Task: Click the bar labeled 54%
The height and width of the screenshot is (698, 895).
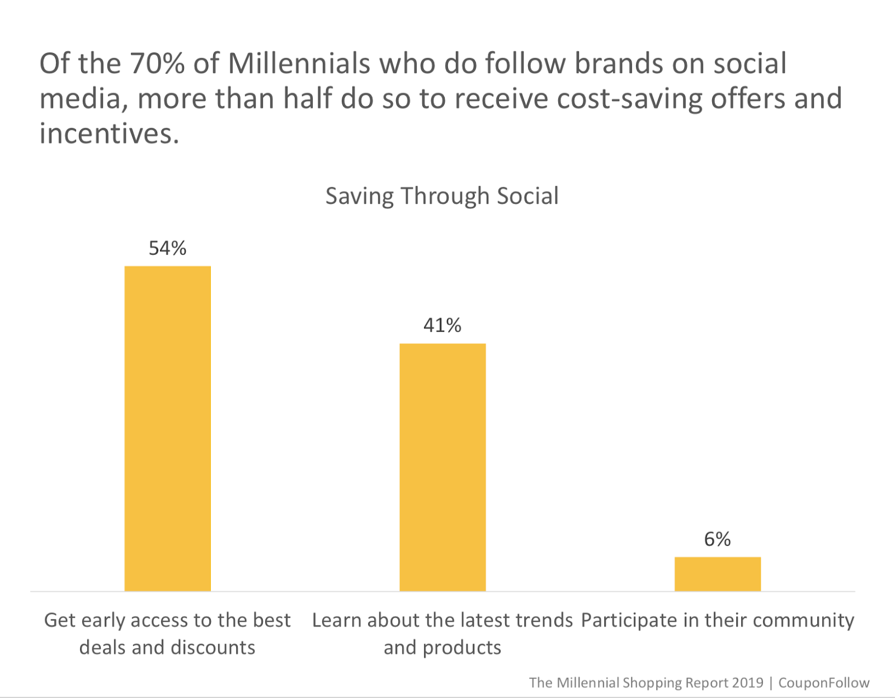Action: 167,428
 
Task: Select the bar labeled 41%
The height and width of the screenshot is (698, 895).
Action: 442,467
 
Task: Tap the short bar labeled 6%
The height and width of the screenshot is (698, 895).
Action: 717,574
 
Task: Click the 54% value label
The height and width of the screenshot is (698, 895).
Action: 167,248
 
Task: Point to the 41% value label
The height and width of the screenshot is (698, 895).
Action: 442,325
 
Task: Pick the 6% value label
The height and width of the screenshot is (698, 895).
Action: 717,539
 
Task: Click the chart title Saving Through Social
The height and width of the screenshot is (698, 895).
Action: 442,196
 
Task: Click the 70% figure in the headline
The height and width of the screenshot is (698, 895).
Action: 158,63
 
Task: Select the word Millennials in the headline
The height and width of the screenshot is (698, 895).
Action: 299,63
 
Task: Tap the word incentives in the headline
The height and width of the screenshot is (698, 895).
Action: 109,134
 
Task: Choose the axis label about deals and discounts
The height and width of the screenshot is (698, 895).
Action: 167,634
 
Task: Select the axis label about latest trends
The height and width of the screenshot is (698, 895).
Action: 442,634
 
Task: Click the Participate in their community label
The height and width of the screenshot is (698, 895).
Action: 717,620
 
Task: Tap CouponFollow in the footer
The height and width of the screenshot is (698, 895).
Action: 824,683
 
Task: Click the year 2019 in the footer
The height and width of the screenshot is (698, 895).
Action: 746,683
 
